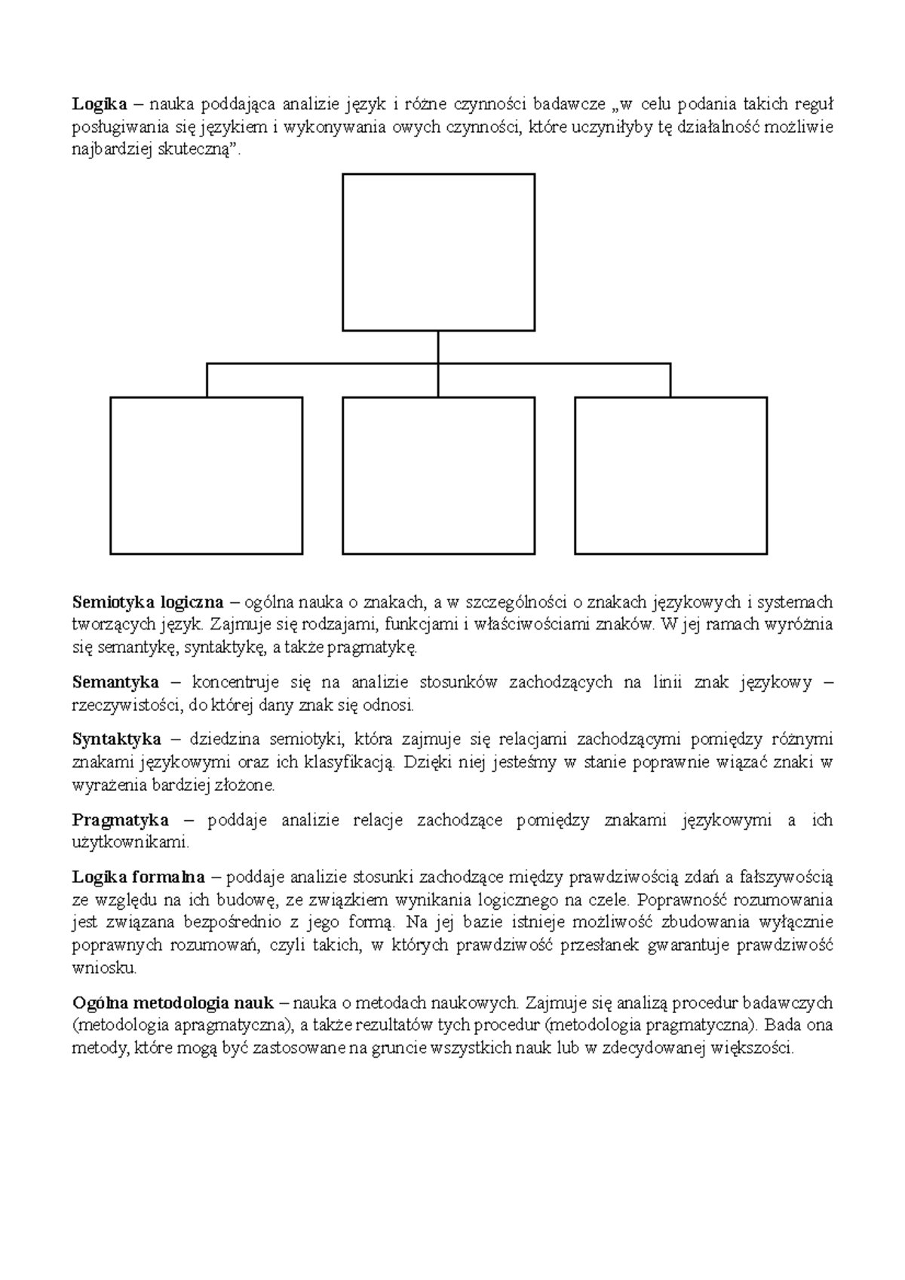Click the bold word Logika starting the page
pyautogui.click(x=99, y=104)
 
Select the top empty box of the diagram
pyautogui.click(x=438, y=252)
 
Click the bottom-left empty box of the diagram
pyautogui.click(x=206, y=476)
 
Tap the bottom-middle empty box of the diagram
pyautogui.click(x=438, y=476)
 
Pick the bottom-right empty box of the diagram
pyautogui.click(x=670, y=476)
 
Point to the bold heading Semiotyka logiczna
pyautogui.click(x=148, y=602)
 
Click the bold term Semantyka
pyautogui.click(x=115, y=683)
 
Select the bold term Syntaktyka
pyautogui.click(x=117, y=739)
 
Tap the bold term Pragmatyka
pyautogui.click(x=121, y=820)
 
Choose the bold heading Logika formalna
pyautogui.click(x=138, y=877)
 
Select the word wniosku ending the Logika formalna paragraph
pyautogui.click(x=103, y=967)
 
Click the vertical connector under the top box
pyautogui.click(x=438, y=347)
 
